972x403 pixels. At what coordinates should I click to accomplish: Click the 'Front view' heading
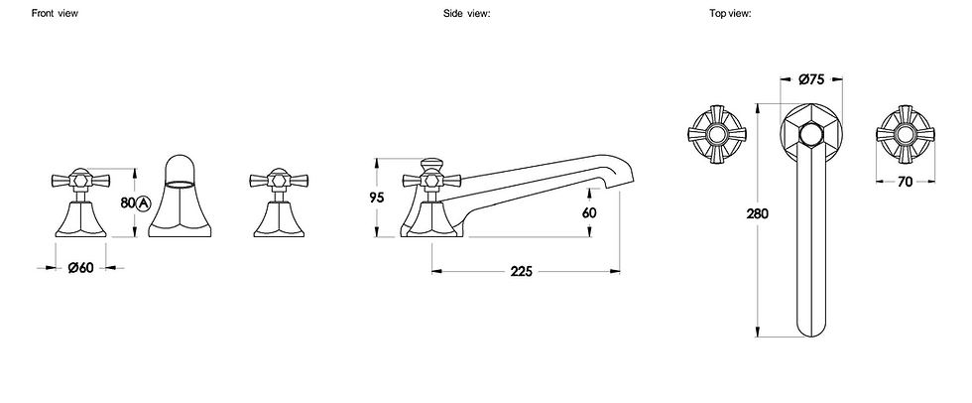click(56, 13)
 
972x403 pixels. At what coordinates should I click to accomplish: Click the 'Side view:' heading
click(467, 13)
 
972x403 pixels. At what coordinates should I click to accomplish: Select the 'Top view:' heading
click(731, 13)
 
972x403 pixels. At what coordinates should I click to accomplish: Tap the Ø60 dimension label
click(80, 268)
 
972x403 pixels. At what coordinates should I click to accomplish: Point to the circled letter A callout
click(143, 202)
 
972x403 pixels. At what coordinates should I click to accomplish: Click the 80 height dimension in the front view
click(128, 202)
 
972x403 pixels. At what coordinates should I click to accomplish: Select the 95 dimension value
click(377, 198)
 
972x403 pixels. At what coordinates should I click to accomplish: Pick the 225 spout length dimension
click(522, 272)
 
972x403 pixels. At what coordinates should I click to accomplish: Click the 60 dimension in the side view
click(589, 212)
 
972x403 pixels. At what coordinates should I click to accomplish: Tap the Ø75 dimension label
click(811, 78)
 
